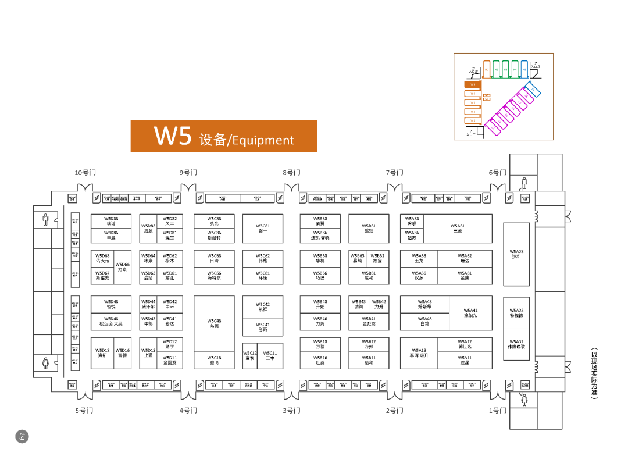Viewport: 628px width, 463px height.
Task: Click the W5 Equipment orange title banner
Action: (x=224, y=136)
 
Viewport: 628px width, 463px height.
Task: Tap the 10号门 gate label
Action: (x=85, y=173)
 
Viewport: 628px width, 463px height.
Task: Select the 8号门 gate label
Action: (x=292, y=173)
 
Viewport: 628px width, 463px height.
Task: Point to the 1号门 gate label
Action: (x=498, y=411)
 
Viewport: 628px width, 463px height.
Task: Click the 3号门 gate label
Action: (x=292, y=411)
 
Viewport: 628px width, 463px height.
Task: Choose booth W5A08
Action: (x=516, y=254)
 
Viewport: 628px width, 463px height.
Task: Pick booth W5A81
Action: (x=458, y=229)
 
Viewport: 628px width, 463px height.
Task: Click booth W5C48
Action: (x=214, y=323)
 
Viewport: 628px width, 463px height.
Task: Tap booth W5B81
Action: (x=369, y=229)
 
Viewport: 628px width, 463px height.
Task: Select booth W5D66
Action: (x=123, y=267)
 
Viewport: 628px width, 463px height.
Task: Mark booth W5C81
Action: (x=263, y=229)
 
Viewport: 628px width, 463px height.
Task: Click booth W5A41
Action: (x=470, y=313)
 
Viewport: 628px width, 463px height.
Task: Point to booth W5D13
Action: (x=148, y=352)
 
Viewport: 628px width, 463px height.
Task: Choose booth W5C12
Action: (x=250, y=355)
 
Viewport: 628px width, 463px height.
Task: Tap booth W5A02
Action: (x=516, y=313)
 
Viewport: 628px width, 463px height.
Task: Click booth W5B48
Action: (x=320, y=304)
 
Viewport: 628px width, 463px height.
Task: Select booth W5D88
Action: (x=111, y=221)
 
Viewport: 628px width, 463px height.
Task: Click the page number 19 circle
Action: (x=22, y=436)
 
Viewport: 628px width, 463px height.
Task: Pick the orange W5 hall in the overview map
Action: (x=473, y=84)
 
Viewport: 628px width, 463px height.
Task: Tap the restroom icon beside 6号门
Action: (x=524, y=183)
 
